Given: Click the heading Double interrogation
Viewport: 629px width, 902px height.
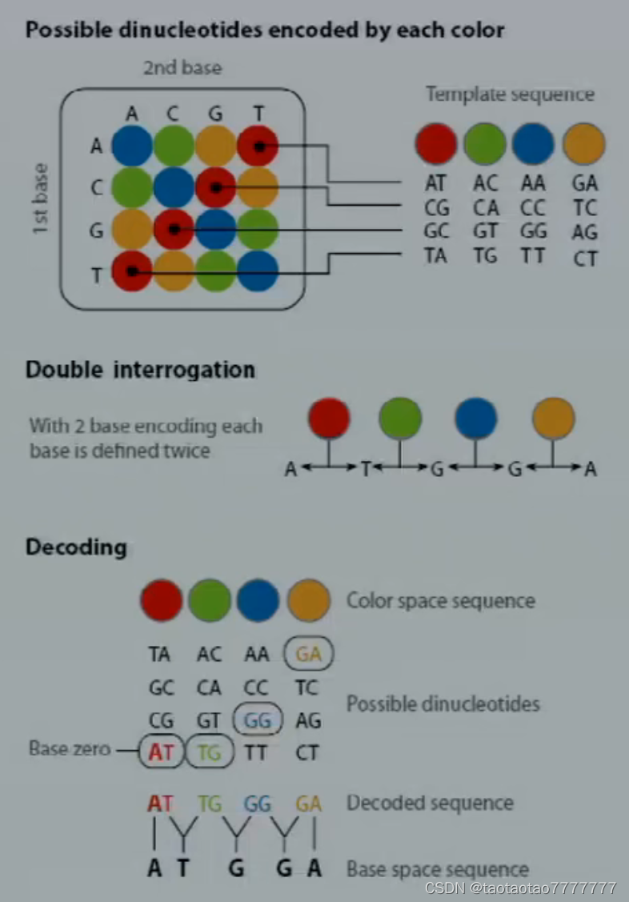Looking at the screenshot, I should point(140,370).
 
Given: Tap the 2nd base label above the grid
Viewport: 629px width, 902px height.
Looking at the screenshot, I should point(182,68).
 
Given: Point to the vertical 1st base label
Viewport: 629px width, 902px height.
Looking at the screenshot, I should point(42,199).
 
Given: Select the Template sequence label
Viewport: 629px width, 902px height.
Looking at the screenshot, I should point(510,94).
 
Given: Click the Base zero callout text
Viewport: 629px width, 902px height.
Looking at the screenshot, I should point(70,750).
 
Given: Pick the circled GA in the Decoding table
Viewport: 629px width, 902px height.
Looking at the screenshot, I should point(308,655).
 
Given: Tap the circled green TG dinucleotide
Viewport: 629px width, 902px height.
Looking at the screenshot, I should point(209,752).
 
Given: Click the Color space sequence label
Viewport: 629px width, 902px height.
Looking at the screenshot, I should point(441,600).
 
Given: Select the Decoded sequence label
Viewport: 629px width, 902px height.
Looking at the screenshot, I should point(429,803).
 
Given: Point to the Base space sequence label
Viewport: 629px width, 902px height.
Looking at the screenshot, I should point(437,869).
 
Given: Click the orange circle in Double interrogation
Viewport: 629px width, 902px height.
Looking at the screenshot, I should point(554,419).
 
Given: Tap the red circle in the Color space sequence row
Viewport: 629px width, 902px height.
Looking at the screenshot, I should point(161,601).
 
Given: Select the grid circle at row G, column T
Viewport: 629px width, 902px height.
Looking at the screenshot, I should point(258,231).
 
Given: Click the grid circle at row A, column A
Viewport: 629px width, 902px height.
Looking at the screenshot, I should point(132,146).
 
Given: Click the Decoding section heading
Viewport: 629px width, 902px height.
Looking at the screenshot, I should point(76,547).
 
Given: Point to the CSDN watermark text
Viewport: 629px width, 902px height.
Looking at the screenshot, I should point(520,888).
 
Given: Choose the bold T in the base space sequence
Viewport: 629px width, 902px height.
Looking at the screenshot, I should point(183,868).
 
